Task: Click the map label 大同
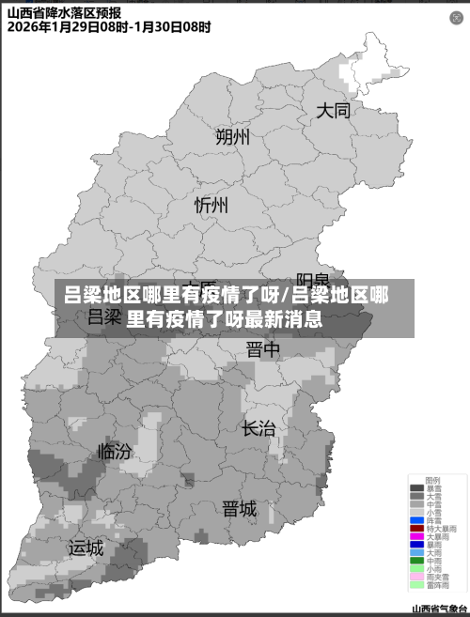tap(333, 111)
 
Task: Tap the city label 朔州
tap(232, 137)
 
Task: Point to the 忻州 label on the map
tap(211, 204)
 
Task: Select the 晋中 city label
tap(263, 349)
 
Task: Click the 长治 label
tap(258, 428)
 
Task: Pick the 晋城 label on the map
tap(239, 509)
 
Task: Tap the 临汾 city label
tap(115, 451)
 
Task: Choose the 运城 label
tap(86, 547)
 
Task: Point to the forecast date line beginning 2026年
tap(109, 27)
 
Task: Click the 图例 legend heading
tap(432, 480)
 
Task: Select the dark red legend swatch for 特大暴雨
tap(416, 528)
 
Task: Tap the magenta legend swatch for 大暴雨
tap(416, 536)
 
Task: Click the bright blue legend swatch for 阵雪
tap(416, 519)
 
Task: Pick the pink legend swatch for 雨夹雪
tap(416, 577)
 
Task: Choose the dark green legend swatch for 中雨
tap(416, 561)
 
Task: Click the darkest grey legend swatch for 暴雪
tap(416, 488)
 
